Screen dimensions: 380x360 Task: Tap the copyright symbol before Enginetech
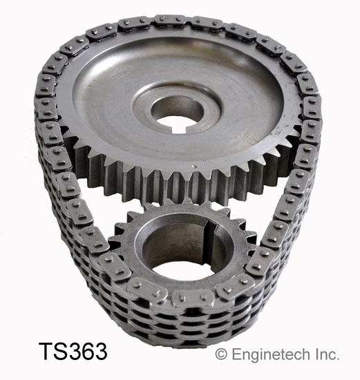[221, 354]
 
